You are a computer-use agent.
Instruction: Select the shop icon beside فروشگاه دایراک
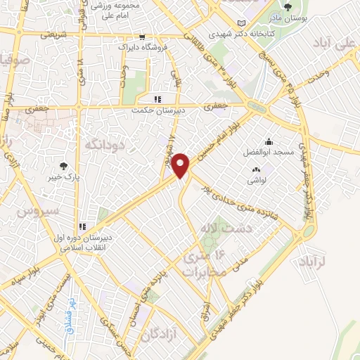pyautogui.click(x=143, y=36)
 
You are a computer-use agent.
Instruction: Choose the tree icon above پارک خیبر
pyautogui.click(x=64, y=166)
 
